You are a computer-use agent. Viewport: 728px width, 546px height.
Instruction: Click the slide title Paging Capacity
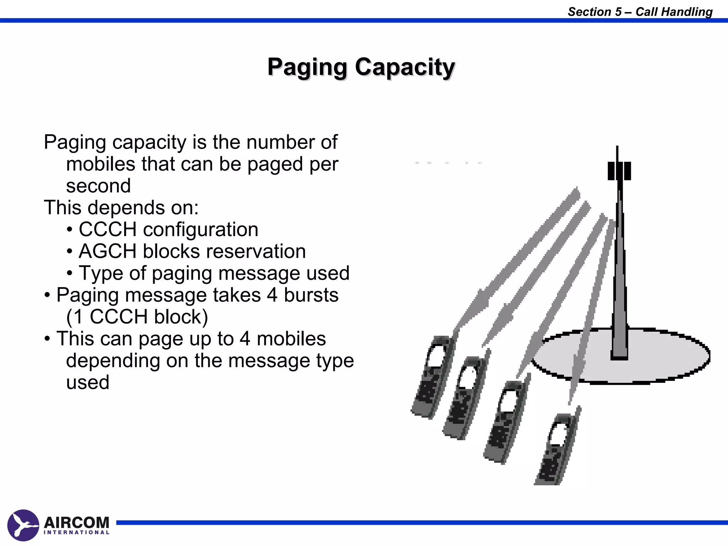point(361,67)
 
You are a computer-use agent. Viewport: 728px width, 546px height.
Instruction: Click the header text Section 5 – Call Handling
point(640,12)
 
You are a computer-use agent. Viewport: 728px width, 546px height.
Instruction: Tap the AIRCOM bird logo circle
point(23,525)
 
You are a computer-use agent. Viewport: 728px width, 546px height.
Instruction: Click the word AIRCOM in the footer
point(76,523)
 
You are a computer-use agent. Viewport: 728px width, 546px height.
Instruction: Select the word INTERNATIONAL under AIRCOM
point(76,532)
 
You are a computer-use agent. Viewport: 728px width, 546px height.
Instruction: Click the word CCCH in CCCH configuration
point(107,229)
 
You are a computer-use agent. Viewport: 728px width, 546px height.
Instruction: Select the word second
point(98,186)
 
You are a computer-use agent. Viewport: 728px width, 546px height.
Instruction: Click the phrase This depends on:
point(121,208)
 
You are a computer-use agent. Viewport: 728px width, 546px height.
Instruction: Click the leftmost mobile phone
point(432,377)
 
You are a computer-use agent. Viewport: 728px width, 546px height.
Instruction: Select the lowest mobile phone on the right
point(556,450)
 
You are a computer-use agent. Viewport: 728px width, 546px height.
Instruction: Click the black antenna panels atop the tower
point(619,171)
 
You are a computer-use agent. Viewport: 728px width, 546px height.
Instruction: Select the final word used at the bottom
point(87,382)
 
